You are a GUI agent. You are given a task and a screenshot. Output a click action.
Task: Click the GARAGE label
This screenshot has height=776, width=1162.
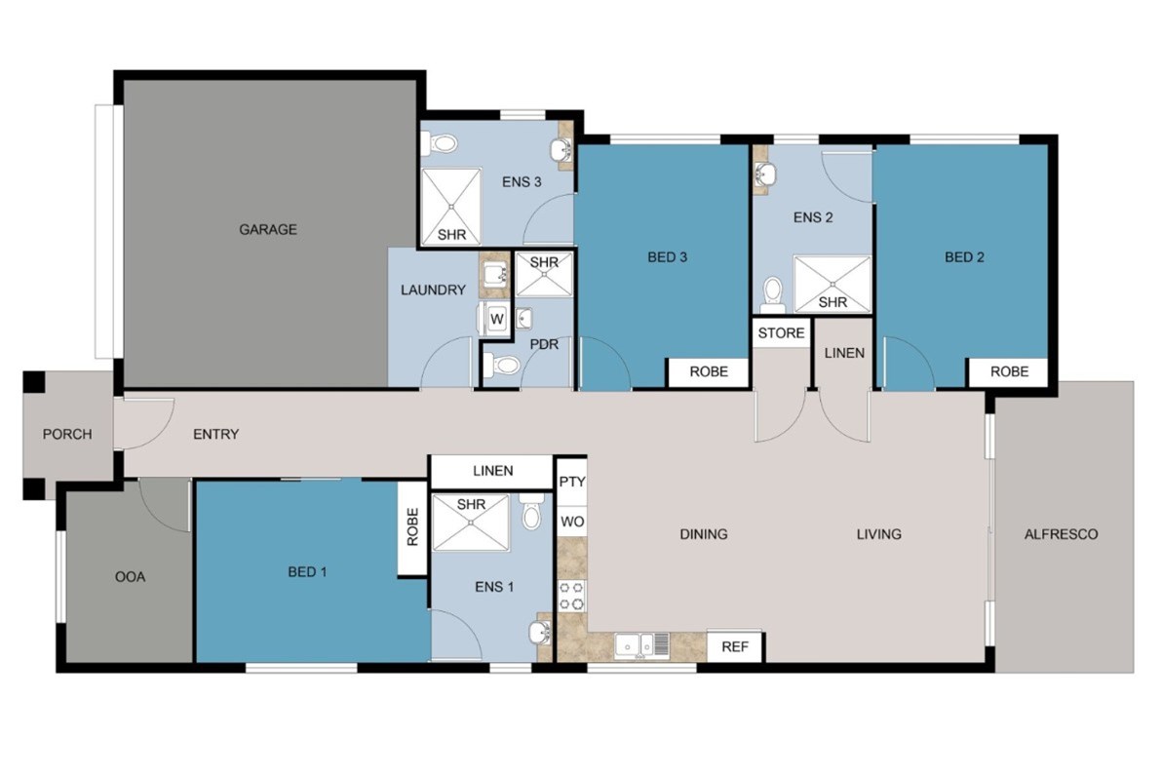267,230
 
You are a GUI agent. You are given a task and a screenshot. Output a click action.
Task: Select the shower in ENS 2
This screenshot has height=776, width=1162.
832,284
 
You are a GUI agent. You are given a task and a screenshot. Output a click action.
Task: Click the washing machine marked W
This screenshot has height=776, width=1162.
496,320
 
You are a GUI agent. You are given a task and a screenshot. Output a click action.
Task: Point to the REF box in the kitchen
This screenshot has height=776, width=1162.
735,646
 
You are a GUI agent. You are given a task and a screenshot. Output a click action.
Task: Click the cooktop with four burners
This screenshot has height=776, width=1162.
571,596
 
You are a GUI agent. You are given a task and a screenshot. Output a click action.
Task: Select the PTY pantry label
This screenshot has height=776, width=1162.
572,482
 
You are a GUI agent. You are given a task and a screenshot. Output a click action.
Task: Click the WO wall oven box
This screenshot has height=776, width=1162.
572,522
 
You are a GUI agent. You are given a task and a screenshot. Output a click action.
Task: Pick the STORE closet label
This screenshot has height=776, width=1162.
781,333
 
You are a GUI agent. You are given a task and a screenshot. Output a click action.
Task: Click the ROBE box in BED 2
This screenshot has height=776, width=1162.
1009,371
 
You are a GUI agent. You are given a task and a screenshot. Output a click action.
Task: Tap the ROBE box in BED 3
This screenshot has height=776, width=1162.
709,371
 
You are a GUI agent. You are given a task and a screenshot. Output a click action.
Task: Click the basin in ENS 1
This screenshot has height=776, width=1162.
539,634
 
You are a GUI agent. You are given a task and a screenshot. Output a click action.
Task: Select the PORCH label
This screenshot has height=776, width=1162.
67,435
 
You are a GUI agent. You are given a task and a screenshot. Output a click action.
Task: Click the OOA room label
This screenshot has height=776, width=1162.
131,576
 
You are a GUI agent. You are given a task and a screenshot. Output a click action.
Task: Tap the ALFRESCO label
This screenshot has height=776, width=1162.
1061,534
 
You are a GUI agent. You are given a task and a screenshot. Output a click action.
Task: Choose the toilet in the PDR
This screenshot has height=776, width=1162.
502,365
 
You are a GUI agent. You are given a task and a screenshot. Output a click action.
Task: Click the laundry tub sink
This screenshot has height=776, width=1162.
494,276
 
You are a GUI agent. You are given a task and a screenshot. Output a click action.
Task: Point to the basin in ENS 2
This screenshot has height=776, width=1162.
765,175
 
